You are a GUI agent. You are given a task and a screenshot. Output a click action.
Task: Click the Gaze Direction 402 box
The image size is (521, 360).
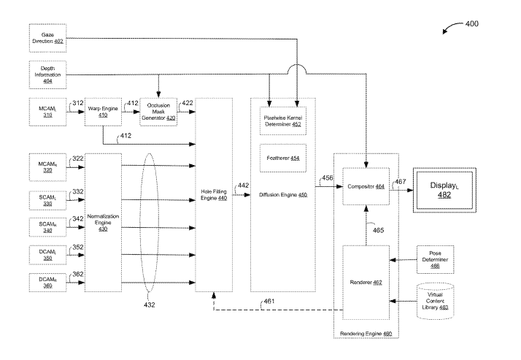pyautogui.click(x=47, y=37)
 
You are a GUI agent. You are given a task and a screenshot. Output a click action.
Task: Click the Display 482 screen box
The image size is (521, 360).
pyautogui.click(x=445, y=188)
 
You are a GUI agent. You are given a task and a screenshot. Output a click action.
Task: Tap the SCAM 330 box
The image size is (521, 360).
pyautogui.click(x=47, y=198)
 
